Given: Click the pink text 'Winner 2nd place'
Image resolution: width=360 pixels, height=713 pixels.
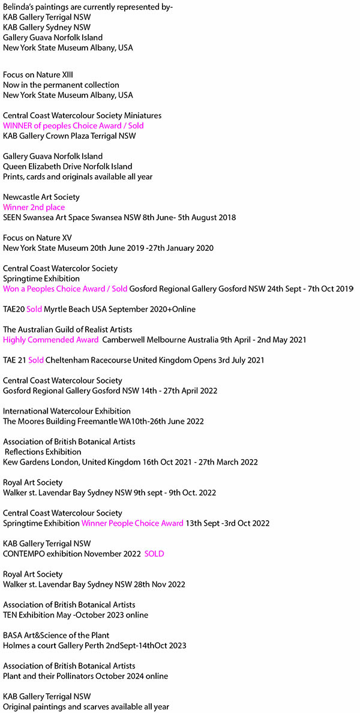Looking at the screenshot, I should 34,207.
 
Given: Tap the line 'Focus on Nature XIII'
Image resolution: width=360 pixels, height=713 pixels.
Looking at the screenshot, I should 38,75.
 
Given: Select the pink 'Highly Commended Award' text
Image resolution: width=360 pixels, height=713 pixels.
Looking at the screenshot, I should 51,340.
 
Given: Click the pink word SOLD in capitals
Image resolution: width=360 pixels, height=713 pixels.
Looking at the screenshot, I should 154,553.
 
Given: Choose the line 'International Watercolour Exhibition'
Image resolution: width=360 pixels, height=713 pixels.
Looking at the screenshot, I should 67,411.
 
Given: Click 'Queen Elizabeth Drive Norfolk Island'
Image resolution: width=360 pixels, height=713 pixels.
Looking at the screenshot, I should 68,166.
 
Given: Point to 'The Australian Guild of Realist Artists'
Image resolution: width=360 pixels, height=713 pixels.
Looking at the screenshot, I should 68,329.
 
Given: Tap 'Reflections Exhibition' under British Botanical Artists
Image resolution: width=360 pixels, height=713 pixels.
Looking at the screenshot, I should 43,452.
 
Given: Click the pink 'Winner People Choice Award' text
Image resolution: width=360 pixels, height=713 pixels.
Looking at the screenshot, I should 133,523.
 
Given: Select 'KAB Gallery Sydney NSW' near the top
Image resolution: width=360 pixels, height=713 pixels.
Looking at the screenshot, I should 47,27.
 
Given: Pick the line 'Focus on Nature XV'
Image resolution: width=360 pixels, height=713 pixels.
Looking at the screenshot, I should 37,238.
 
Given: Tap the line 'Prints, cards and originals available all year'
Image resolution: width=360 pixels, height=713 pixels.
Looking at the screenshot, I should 78,176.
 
